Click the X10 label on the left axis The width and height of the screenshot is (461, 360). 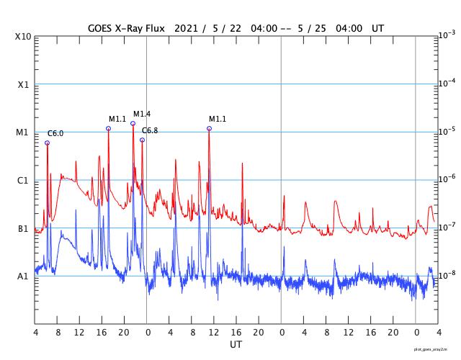point(23,37)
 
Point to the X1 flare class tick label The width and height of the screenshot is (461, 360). point(23,85)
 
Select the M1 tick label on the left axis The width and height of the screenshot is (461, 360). point(23,132)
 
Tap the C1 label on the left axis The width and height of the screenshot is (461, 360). point(23,181)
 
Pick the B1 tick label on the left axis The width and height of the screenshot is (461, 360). point(23,229)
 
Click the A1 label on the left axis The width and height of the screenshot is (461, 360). point(23,276)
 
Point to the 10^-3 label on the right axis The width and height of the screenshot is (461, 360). point(447,35)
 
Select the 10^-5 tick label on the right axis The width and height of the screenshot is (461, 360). point(447,131)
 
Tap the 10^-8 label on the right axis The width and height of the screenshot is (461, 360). point(447,275)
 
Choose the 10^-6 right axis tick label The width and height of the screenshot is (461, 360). point(447,179)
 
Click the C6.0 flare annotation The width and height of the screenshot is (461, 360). point(55,134)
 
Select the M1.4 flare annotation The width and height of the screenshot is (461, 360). point(142,114)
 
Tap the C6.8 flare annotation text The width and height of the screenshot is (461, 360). point(150,130)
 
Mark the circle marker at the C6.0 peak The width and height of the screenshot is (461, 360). point(48,143)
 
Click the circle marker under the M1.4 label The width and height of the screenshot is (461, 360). point(133,123)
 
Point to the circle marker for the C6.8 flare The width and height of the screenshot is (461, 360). point(142,140)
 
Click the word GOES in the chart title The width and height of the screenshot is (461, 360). point(102,28)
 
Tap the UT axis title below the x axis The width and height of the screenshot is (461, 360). point(236,345)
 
